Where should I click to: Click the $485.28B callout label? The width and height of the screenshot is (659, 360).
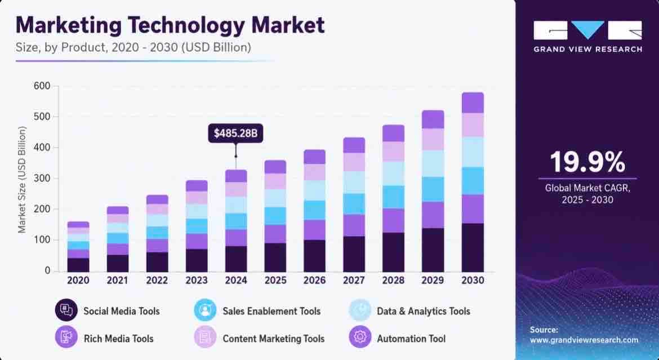click(235, 134)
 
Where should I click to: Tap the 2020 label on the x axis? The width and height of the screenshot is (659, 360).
click(78, 281)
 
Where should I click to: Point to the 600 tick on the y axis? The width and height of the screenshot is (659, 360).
click(42, 86)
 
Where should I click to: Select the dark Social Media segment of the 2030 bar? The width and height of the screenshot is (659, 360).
click(473, 247)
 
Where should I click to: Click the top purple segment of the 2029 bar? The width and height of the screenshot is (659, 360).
click(433, 119)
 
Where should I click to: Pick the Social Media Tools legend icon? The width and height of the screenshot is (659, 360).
click(66, 310)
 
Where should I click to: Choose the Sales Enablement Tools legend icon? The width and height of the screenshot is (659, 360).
click(205, 310)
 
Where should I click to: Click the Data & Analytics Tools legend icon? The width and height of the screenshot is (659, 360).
click(360, 310)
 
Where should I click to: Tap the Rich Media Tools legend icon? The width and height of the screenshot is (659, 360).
click(66, 337)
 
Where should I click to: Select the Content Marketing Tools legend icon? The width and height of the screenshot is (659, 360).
click(205, 337)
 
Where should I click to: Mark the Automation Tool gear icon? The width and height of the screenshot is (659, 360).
click(360, 337)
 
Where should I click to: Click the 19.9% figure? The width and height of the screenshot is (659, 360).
click(587, 162)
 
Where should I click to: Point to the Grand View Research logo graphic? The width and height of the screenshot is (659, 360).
click(587, 30)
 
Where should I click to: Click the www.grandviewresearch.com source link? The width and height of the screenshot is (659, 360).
click(584, 340)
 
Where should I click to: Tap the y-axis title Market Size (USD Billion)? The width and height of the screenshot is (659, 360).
click(22, 180)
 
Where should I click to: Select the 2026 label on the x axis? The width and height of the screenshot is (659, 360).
click(314, 281)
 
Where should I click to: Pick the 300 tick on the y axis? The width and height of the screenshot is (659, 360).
click(42, 179)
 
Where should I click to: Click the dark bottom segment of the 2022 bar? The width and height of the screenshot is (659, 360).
click(157, 262)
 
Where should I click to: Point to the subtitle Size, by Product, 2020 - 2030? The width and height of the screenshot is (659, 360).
click(133, 47)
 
